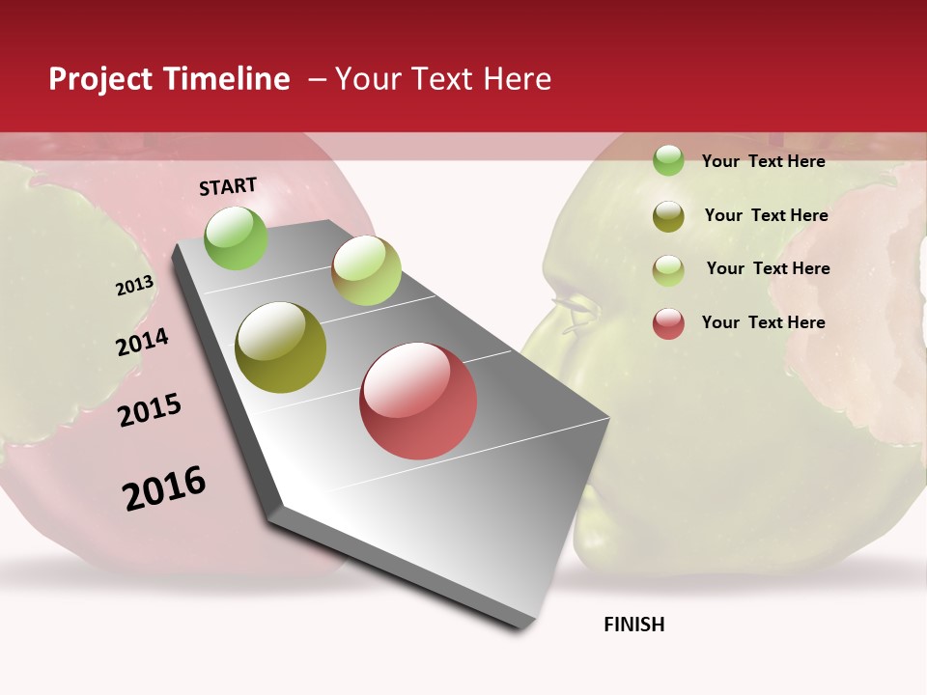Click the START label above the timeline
[x=228, y=186]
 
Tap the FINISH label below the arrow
[x=633, y=625]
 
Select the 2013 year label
[x=134, y=286]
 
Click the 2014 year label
[x=142, y=343]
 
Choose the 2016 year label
[x=164, y=488]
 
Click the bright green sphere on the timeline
[x=236, y=238]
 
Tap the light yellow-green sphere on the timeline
[x=366, y=270]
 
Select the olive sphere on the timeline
[x=281, y=347]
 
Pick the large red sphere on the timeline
[x=418, y=401]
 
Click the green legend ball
[x=668, y=160]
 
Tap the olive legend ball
[x=668, y=216]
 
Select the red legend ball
[x=668, y=323]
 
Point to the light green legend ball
[x=668, y=270]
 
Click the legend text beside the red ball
[x=763, y=322]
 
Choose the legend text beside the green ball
[x=763, y=161]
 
